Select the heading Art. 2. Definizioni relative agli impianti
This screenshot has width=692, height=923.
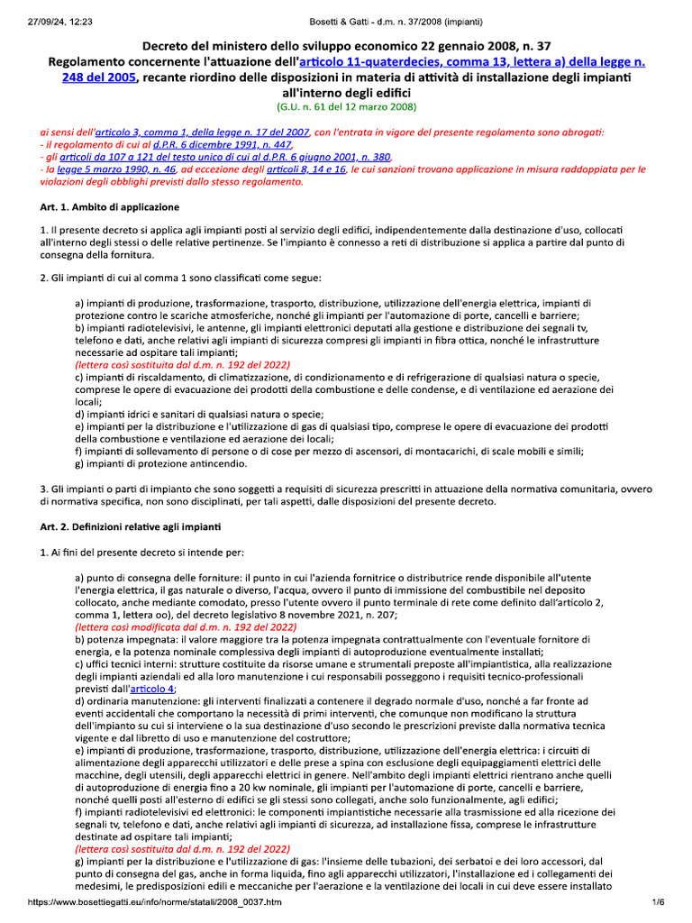[x=136, y=525]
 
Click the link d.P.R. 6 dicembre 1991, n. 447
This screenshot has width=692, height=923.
[x=222, y=143]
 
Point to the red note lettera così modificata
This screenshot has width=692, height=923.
[x=186, y=626]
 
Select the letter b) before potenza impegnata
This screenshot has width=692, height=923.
[x=79, y=637]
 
